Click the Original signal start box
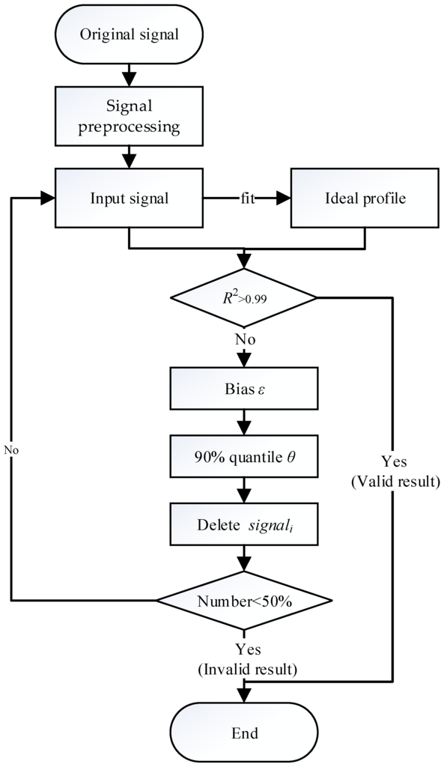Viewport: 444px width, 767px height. click(130, 34)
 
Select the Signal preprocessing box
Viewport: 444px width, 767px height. click(130, 116)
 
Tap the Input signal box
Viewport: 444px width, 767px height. click(130, 198)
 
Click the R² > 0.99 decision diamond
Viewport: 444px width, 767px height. click(244, 297)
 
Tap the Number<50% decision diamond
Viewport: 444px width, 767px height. click(244, 601)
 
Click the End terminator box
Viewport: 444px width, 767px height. click(244, 733)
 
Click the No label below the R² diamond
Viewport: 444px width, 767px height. click(245, 339)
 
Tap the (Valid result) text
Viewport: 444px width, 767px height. click(394, 481)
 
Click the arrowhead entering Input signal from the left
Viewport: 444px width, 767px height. click(47, 198)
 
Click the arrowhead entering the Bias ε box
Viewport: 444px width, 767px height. click(244, 366)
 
